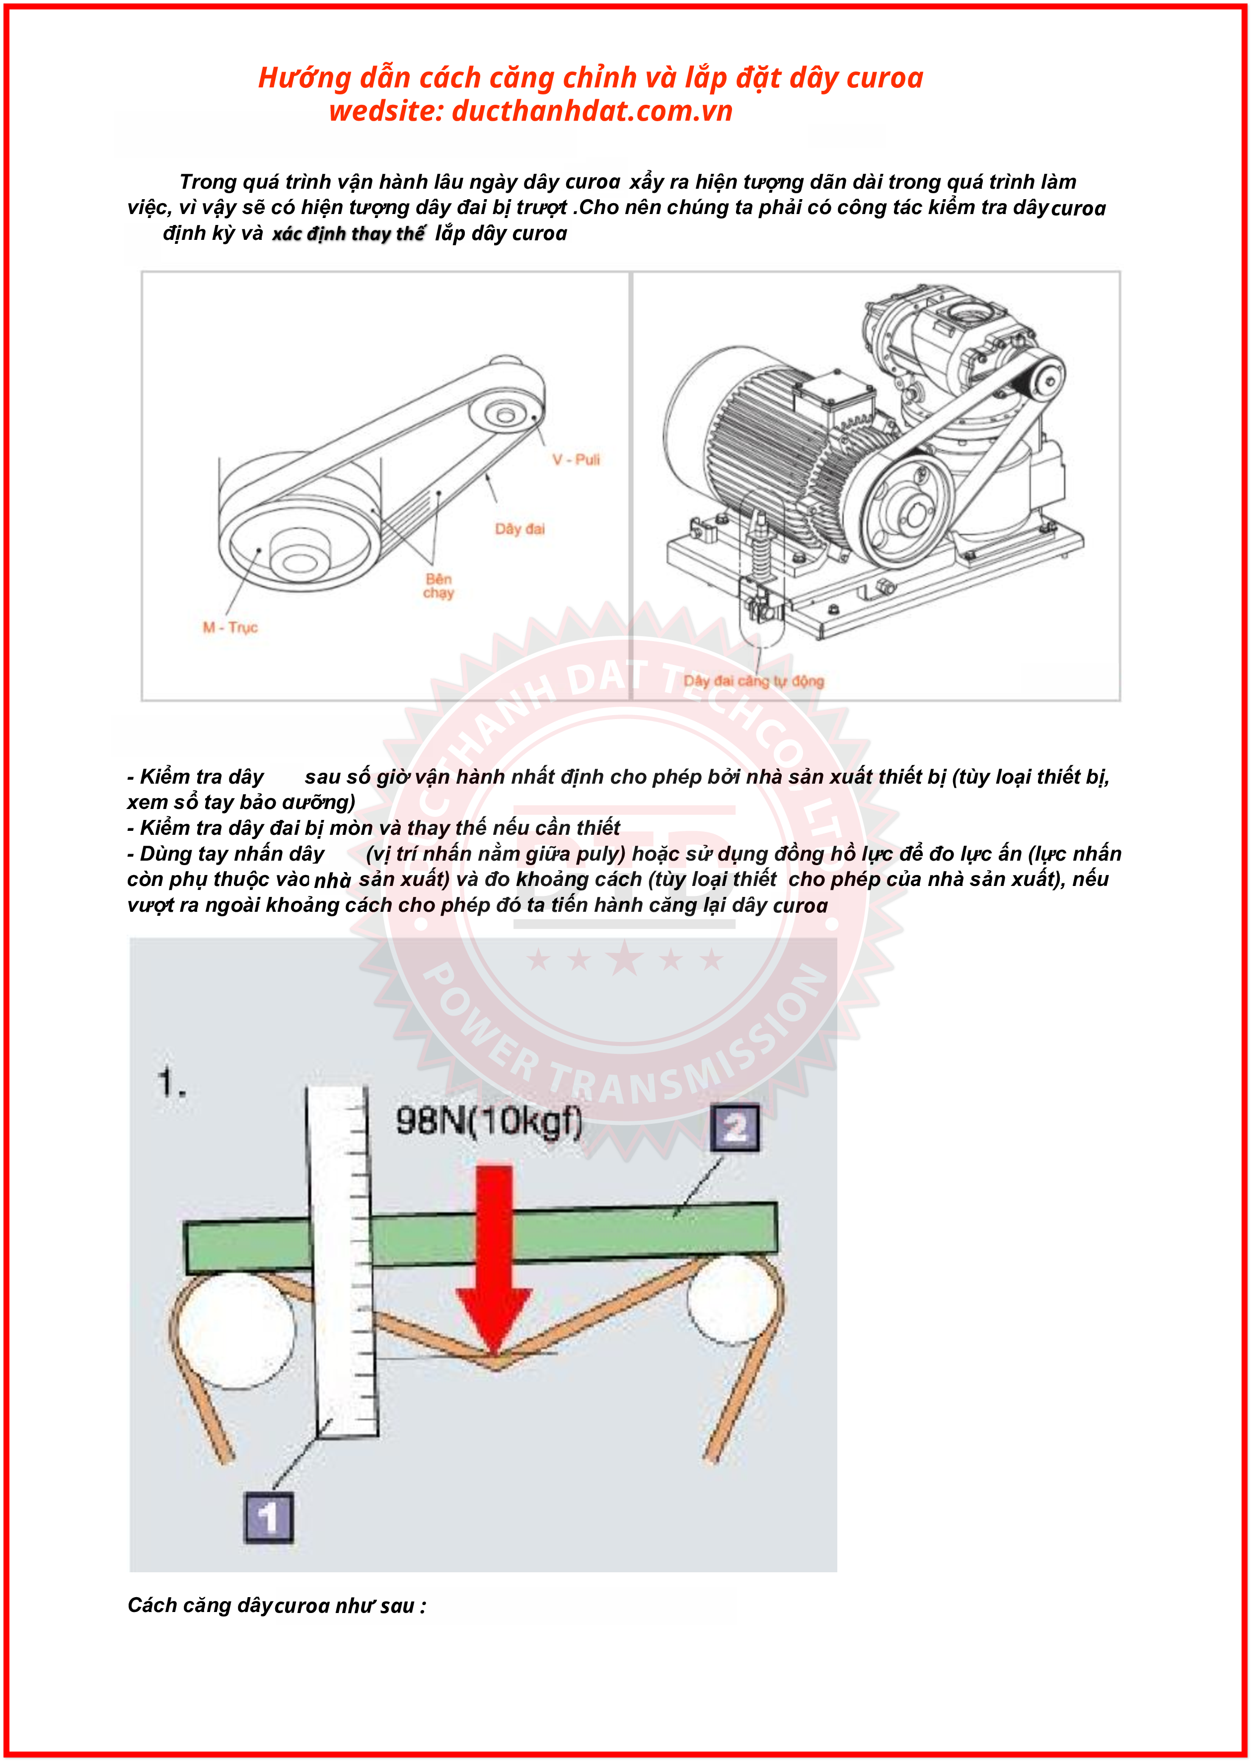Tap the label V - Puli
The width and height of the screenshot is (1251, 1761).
576,460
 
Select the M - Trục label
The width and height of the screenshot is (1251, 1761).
229,627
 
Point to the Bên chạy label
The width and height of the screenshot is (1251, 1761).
439,586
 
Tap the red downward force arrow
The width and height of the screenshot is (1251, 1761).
494,1255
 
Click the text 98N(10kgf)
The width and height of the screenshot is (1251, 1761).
488,1121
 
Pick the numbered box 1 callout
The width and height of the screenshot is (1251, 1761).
268,1518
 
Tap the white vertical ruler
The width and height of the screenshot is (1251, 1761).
344,1263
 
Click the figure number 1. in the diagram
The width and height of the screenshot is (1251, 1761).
171,1082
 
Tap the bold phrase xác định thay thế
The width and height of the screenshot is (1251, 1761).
348,233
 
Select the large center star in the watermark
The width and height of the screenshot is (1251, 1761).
625,959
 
